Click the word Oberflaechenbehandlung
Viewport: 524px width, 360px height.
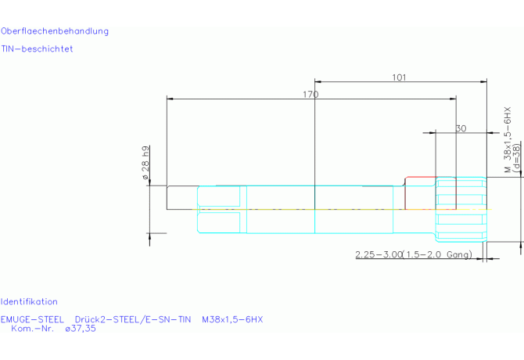[55, 31]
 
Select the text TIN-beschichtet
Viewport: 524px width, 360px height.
[37, 49]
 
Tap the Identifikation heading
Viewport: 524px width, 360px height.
[29, 302]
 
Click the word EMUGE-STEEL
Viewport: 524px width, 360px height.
[32, 319]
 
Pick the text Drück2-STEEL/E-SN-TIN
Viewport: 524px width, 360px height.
[133, 319]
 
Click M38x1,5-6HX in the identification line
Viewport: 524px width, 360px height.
[232, 319]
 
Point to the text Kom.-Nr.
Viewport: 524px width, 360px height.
[32, 328]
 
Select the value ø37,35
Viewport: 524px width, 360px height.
[81, 329]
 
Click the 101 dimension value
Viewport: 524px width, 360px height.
[399, 77]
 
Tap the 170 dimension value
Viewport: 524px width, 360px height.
[310, 95]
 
